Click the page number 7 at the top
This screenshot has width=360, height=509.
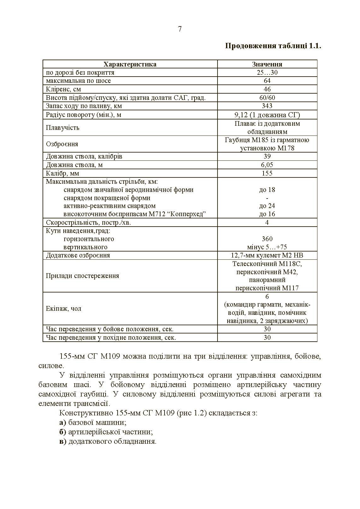(x=180, y=29)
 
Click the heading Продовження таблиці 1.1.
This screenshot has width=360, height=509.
(x=273, y=46)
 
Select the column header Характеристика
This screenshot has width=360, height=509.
(x=130, y=64)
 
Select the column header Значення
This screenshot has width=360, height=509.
(x=267, y=64)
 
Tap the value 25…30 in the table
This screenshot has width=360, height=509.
(x=267, y=72)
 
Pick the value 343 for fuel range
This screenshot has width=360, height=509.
(x=267, y=106)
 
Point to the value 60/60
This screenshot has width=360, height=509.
(x=267, y=98)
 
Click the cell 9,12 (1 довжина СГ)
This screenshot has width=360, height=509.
(x=267, y=115)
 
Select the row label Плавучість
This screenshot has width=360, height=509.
(x=62, y=128)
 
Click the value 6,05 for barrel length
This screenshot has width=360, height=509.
(x=267, y=165)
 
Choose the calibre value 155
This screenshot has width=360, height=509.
(x=267, y=173)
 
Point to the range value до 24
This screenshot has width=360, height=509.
(x=267, y=206)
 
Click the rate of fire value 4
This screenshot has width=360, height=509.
(x=267, y=223)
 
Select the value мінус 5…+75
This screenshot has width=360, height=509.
(x=267, y=247)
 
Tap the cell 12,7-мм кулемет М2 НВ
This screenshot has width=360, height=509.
(x=267, y=255)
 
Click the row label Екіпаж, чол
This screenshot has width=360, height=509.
(x=63, y=309)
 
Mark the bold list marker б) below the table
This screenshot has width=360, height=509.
(x=62, y=432)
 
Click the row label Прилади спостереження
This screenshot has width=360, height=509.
(x=82, y=276)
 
